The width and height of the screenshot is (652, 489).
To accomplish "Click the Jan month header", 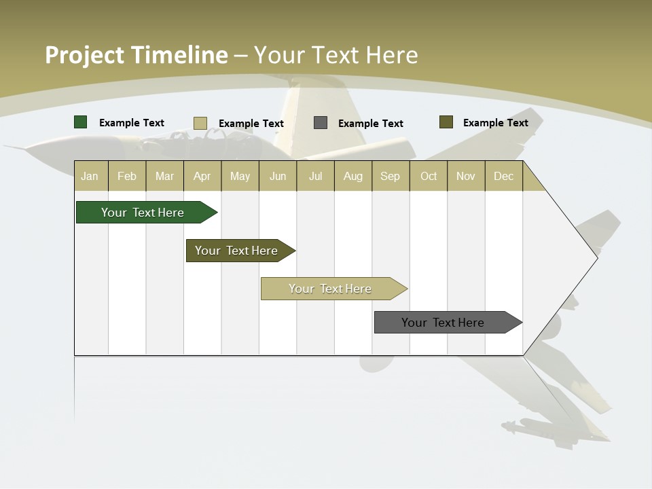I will [90, 176].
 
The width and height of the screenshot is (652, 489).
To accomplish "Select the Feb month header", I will [127, 176].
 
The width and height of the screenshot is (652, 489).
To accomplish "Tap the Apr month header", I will [202, 176].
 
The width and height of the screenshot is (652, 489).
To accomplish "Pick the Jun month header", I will [278, 176].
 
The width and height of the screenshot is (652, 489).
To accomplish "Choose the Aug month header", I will [352, 176].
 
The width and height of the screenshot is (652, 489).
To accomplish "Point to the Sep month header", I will [390, 176].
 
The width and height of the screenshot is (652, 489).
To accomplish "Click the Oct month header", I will [429, 176].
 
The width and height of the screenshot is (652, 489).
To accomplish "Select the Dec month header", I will [503, 176].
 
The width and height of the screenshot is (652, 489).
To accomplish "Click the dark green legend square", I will [81, 122].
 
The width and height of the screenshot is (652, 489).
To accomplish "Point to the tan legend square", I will [200, 123].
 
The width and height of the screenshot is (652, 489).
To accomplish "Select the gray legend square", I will [321, 123].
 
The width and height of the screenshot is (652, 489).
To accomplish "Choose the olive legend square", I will [446, 122].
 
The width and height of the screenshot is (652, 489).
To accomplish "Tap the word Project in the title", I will [84, 55].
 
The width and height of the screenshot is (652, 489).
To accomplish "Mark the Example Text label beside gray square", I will [370, 124].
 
